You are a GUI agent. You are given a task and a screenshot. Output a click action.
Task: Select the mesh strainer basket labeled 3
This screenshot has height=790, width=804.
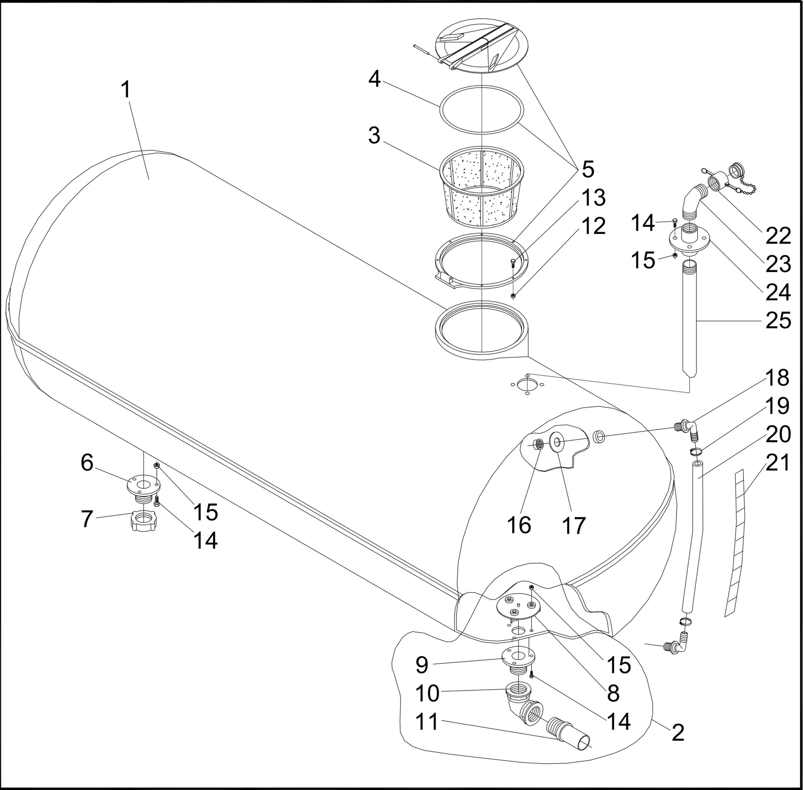481,187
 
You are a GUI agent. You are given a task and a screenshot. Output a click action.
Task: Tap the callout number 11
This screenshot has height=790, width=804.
427,722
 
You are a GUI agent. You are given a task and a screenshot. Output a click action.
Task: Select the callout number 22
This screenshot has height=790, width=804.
778,236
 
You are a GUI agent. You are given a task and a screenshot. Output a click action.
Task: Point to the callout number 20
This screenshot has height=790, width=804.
778,434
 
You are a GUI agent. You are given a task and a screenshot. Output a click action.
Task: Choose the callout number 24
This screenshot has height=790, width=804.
778,292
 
